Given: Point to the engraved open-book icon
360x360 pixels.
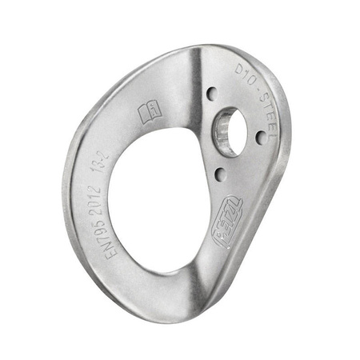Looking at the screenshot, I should pyautogui.click(x=151, y=114).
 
